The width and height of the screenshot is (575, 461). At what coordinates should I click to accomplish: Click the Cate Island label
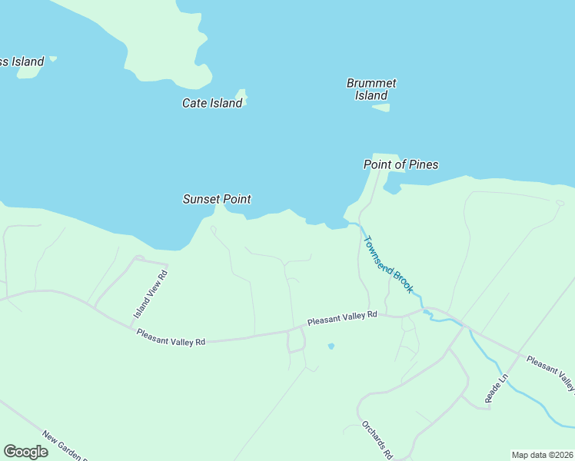pos(212,103)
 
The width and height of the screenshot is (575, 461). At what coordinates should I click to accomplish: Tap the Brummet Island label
pos(371,89)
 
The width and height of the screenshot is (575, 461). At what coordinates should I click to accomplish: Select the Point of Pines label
pos(401,164)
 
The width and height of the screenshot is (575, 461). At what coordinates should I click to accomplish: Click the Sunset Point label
pos(217,199)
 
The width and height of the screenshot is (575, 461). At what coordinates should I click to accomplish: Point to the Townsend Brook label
pos(388,264)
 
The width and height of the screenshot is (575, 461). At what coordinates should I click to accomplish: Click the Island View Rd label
pos(151,295)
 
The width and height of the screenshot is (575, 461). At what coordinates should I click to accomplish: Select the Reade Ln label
pos(497,389)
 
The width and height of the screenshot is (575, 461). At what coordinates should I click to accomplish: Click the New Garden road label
pos(65,446)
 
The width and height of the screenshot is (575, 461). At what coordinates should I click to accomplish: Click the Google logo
pos(26,451)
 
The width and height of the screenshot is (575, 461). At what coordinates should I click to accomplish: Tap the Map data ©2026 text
pos(542,455)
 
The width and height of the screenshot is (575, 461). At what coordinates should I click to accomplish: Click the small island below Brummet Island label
pos(381,108)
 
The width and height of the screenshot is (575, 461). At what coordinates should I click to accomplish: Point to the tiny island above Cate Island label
pos(241,93)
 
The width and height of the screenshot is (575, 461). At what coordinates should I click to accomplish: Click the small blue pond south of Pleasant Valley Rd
pos(331,346)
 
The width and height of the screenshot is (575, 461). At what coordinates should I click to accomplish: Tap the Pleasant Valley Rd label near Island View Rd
pos(171,337)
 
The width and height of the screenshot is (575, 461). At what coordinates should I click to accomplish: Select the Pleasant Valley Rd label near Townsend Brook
pos(343,317)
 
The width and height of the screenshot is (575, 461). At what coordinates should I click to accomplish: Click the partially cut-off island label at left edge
pos(22,61)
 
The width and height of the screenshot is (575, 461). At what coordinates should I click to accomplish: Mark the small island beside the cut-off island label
pos(52,58)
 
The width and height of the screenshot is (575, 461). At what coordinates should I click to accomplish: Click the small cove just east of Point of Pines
pos(392,187)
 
